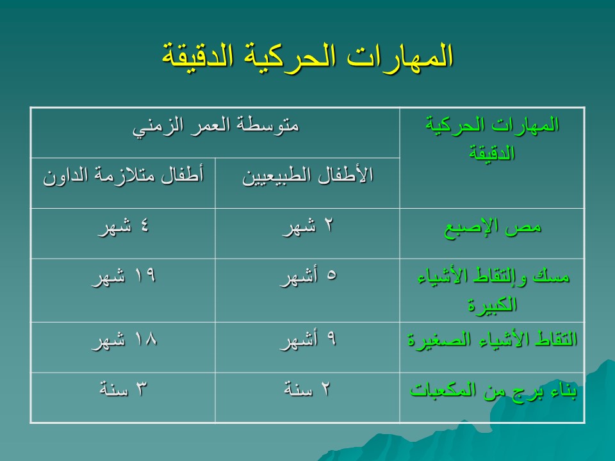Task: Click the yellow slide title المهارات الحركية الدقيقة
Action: point(307,56)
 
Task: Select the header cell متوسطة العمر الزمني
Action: point(216,126)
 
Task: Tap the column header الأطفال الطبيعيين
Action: point(307,175)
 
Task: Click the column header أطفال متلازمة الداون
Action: point(123,175)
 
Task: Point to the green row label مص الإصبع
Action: point(492,227)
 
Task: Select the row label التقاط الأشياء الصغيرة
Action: point(492,339)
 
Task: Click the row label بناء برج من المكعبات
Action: point(493,390)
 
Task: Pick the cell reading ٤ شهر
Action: point(123,227)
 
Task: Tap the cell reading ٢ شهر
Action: point(307,227)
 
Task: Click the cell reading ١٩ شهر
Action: point(123,277)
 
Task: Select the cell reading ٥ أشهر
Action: point(308,277)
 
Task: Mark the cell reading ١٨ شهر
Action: point(124,339)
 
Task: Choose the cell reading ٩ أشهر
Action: point(308,339)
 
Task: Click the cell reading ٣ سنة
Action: point(123,389)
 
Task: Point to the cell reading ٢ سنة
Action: point(307,389)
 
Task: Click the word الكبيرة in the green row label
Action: point(492,305)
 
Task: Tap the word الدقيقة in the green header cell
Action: point(492,153)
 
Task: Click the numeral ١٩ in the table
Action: point(145,275)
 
